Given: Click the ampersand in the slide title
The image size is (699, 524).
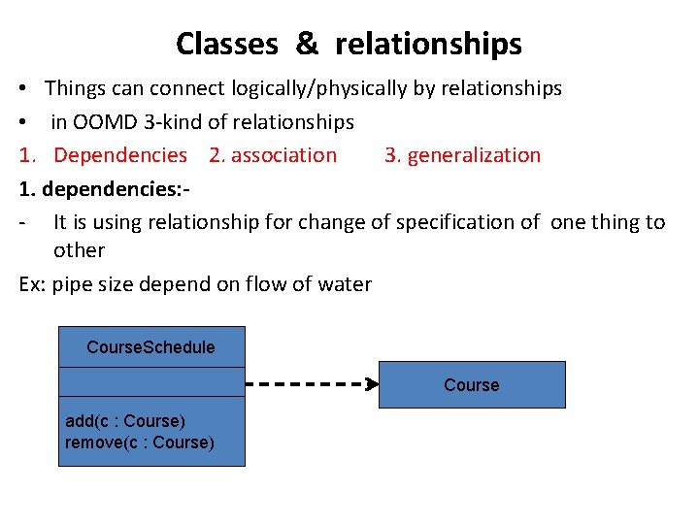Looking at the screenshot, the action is (306, 44).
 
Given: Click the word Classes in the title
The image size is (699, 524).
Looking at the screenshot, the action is (226, 44).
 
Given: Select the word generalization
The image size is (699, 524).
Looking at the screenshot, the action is (474, 155).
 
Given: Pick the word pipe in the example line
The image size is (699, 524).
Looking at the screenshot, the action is (72, 284).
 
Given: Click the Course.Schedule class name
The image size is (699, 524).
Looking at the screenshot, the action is (150, 347).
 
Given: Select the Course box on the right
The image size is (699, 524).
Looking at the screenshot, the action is (471, 385).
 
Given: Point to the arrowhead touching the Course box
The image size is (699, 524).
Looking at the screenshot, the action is (371, 383).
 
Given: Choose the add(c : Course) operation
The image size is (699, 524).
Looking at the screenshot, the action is (124, 421).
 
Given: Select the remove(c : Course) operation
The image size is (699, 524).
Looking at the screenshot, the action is (139, 442).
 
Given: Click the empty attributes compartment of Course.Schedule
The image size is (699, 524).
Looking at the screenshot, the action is (151, 382).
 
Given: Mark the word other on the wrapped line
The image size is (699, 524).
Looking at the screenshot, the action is (79, 250).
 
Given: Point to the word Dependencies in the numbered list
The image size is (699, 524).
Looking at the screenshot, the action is (120, 155).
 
